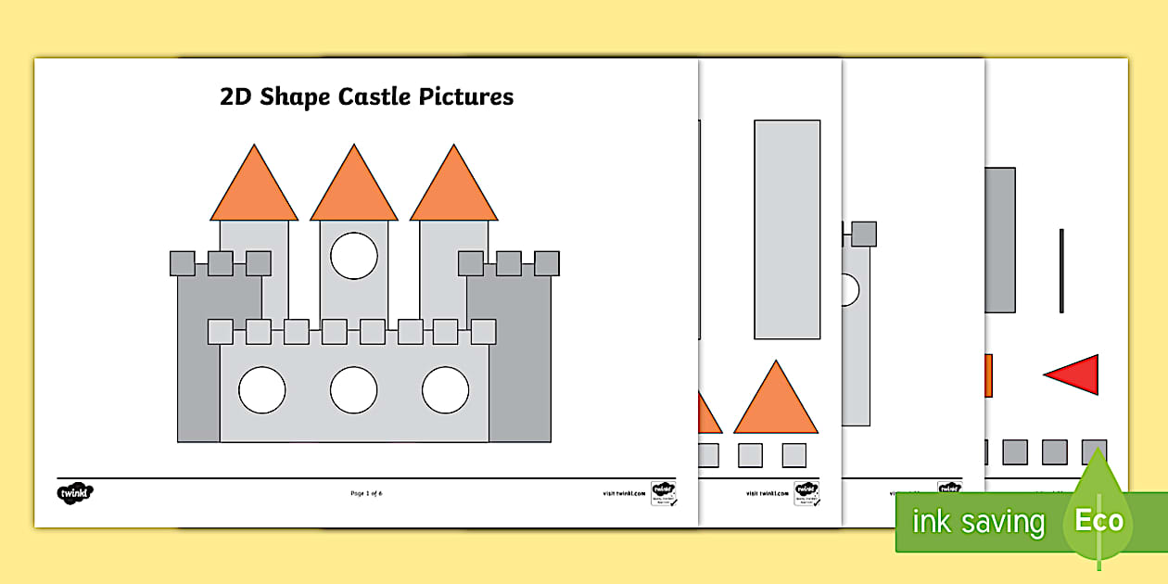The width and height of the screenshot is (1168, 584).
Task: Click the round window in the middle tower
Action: click(x=354, y=256)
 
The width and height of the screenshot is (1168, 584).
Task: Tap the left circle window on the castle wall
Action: click(x=262, y=389)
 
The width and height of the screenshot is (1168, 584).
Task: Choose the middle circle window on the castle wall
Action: click(x=354, y=389)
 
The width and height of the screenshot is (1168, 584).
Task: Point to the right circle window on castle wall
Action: click(x=445, y=389)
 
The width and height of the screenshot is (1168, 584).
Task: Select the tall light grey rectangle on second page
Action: click(x=787, y=229)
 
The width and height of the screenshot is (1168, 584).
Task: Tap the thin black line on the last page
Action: click(x=1061, y=271)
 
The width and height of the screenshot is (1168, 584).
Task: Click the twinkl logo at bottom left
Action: click(x=76, y=492)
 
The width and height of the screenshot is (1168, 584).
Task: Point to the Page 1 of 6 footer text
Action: click(x=366, y=493)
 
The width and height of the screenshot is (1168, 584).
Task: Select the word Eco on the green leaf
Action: click(x=1098, y=520)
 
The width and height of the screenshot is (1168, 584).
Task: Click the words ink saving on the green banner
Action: click(x=978, y=523)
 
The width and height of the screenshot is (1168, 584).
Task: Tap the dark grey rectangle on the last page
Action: click(x=999, y=240)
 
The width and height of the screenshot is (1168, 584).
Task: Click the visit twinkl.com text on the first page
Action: click(x=623, y=493)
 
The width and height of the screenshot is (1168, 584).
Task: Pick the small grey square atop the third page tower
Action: click(x=864, y=234)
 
